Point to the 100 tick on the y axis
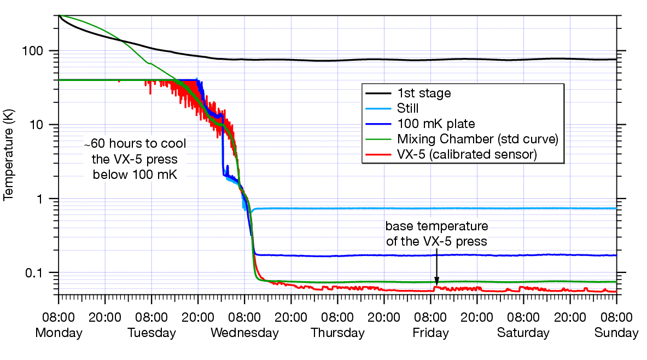[42, 51]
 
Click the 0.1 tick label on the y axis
[42, 272]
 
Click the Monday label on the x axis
[59, 333]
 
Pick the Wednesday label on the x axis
[244, 333]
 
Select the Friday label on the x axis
[430, 333]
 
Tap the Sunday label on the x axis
[616, 333]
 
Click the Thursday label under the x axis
[337, 333]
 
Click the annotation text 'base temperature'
[436, 227]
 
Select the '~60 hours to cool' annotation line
[135, 144]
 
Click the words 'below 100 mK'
[135, 175]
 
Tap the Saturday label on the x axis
[523, 333]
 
